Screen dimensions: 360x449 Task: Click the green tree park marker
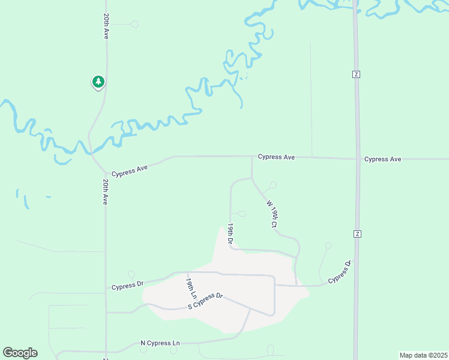pos(98,82)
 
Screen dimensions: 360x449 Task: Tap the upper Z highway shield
pos(356,74)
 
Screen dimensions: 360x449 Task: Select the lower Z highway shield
pos(357,233)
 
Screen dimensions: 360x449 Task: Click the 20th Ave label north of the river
pos(106,26)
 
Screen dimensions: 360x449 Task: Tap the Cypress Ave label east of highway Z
pos(382,159)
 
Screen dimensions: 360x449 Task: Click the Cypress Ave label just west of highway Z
pos(276,157)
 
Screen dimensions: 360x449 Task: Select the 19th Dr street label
pos(230,233)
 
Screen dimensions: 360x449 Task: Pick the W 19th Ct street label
pos(271,214)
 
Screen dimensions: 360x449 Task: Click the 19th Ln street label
pos(191,289)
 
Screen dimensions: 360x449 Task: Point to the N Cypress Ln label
pos(160,343)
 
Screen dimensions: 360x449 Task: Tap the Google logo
pos(20,353)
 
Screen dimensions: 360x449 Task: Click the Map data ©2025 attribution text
pos(423,355)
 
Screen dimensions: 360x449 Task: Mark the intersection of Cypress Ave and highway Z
pos(357,159)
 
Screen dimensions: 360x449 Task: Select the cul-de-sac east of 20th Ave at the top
pos(134,24)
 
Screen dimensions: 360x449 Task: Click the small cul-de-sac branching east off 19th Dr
pos(242,213)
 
